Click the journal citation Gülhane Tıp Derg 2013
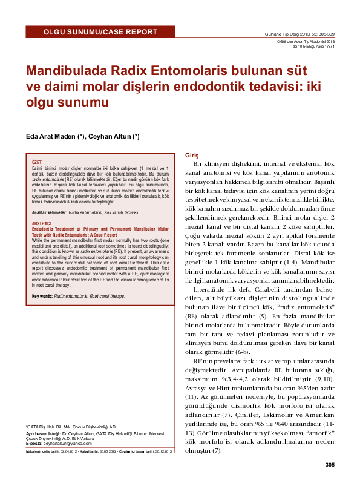[300, 34]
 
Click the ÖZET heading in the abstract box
[36, 162]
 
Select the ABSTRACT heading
[42, 223]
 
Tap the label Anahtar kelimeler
[50, 213]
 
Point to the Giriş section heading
[182, 155]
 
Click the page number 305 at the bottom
[329, 464]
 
